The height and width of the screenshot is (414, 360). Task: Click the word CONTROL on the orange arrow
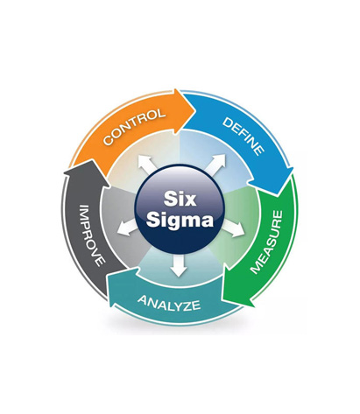pos(134,126)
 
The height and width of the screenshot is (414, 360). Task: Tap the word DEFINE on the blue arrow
pos(244,137)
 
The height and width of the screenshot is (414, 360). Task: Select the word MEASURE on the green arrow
pos(267,242)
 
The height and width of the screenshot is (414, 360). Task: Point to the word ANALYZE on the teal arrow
pos(169,303)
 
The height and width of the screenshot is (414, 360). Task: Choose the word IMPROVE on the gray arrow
pos(92,235)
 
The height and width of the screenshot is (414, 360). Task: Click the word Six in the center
pos(180,199)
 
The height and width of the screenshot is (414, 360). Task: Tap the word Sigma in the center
pos(180,220)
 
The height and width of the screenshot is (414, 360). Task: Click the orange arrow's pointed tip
pos(195,110)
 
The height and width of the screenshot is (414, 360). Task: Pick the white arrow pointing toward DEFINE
pos(216,164)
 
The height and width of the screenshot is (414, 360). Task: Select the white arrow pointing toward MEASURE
pos(234,228)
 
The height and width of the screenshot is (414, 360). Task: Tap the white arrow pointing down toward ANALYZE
pos(179,266)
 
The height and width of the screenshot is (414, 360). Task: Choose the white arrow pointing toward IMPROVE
pos(127,228)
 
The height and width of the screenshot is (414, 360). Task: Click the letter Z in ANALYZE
pos(186,305)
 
